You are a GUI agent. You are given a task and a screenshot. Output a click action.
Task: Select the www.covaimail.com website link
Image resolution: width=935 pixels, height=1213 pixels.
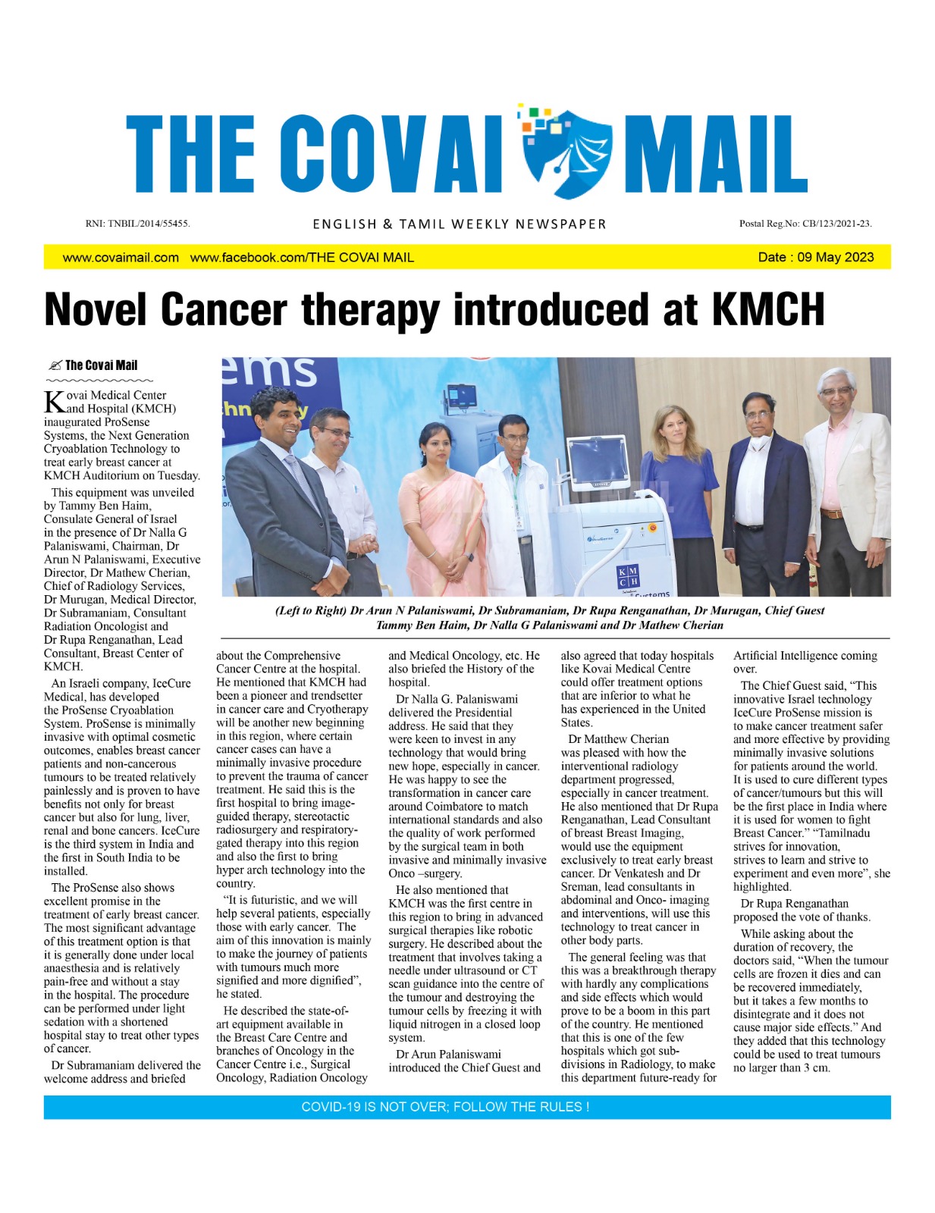121,258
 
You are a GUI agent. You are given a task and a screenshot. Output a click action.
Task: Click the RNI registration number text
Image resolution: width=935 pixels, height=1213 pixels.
137,224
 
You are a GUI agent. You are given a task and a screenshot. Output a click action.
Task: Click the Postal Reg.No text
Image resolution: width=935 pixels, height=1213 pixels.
805,224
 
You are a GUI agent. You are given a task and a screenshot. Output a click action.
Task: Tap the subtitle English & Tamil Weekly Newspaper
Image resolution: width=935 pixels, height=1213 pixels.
460,224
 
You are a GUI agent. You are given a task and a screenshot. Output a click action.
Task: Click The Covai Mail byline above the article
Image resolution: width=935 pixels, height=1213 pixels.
101,365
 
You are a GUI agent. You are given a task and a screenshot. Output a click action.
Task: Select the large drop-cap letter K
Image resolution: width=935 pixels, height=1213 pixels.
54,402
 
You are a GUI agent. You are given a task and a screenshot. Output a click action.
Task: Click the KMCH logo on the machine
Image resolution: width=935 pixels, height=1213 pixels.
628,575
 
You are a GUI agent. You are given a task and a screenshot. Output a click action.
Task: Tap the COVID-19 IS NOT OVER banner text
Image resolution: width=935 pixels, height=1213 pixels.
445,1107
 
